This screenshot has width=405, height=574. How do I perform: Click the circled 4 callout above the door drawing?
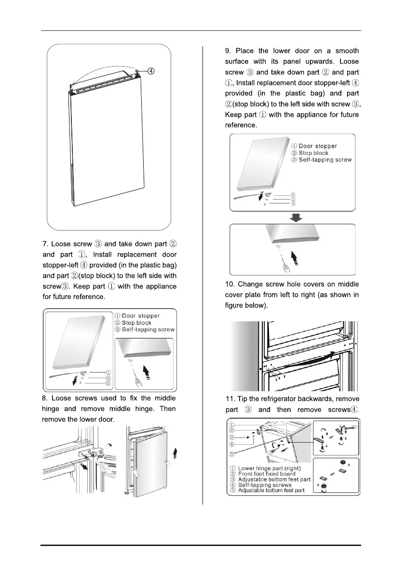tap(151, 71)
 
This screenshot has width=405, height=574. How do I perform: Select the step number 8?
tap(44, 398)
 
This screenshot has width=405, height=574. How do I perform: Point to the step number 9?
tap(227, 51)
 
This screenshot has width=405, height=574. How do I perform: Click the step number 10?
tap(230, 284)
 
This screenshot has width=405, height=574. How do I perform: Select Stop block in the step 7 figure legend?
tap(136, 323)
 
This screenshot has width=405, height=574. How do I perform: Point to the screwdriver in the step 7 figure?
tap(140, 381)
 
